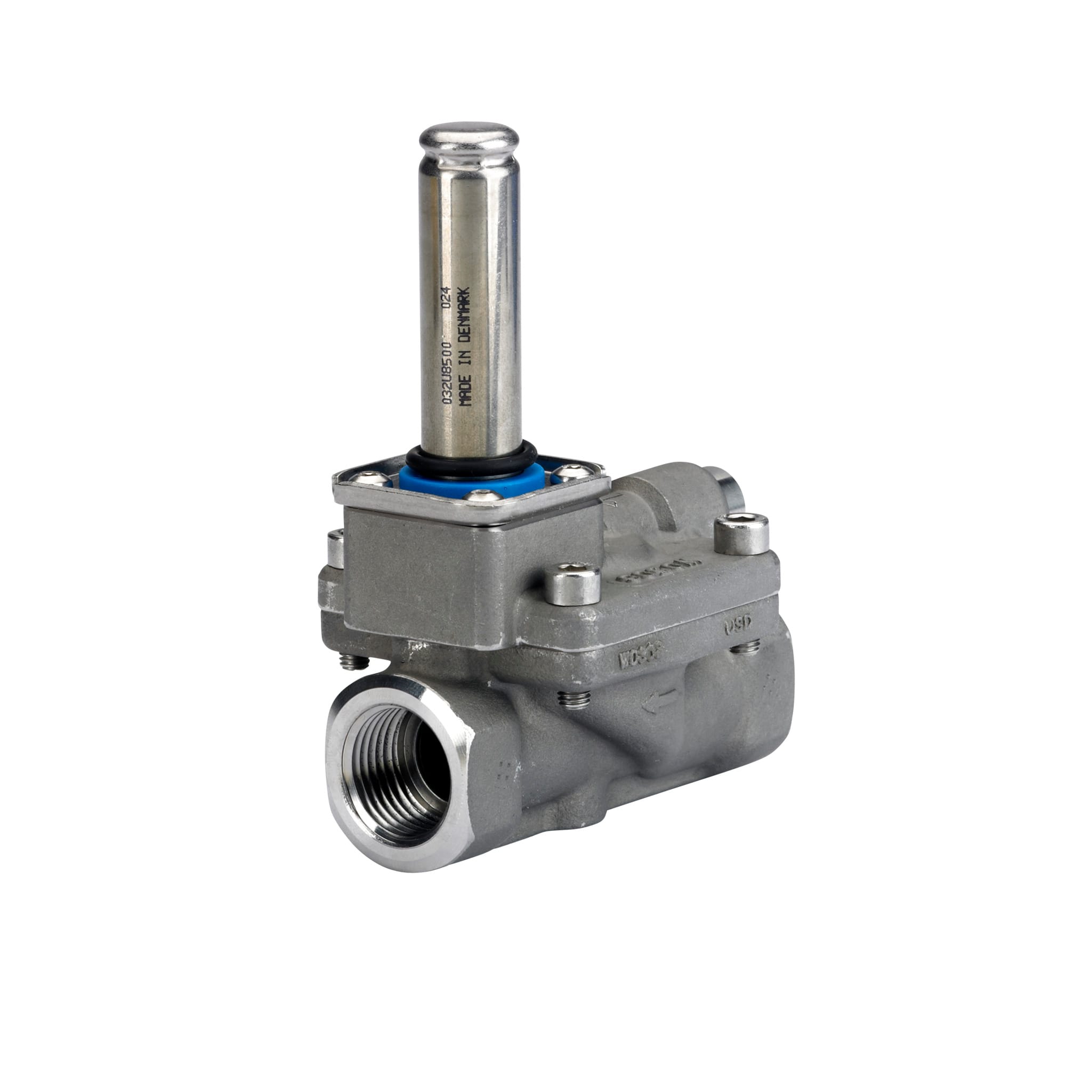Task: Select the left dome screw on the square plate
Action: coord(363,477)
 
